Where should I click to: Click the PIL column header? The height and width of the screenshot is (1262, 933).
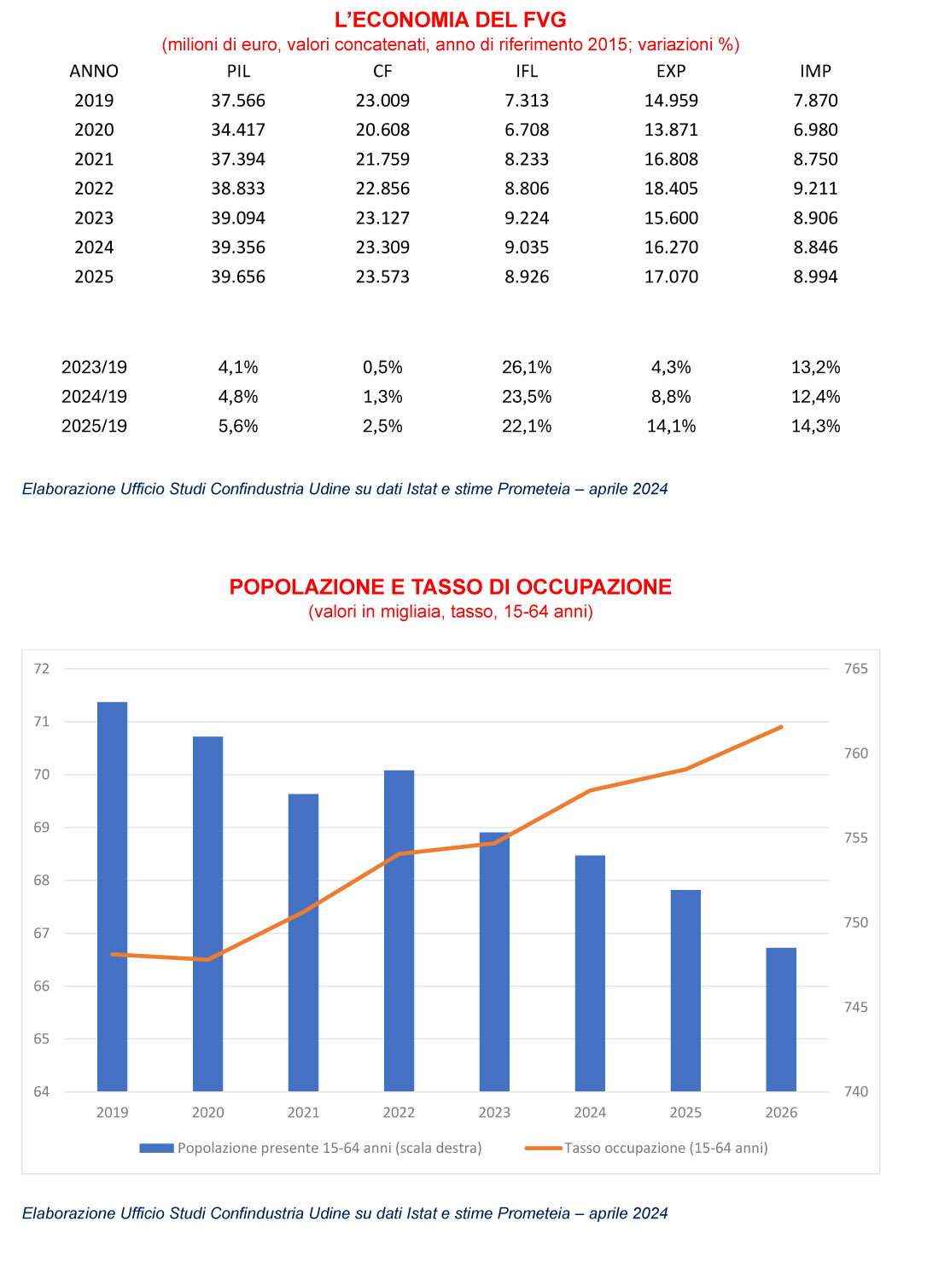238,71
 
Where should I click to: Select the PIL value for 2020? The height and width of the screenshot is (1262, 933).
238,130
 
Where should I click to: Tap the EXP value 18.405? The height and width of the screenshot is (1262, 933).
671,189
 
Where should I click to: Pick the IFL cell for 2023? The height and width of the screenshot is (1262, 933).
527,218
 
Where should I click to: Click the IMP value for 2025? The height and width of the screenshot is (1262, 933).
815,276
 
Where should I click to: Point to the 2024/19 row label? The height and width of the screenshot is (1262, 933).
94,397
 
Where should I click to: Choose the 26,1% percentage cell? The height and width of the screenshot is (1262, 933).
527,367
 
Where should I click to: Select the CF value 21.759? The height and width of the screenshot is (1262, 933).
382,160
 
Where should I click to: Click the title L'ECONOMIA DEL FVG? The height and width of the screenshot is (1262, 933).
450,20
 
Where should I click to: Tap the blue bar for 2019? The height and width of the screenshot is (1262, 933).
112,897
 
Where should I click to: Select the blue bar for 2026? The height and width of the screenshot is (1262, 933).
781,1020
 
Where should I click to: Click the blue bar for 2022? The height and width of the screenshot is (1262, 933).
399,931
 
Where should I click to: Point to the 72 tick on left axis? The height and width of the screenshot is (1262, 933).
42,669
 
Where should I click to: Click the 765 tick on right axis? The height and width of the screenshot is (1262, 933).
855,669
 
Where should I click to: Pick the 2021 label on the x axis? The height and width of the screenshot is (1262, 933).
303,1113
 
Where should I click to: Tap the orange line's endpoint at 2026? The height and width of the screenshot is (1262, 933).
781,727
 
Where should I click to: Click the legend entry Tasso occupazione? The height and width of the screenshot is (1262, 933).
647,1149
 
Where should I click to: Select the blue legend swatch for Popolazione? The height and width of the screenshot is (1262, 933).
156,1149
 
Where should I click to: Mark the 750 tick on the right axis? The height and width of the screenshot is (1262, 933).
855,922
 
